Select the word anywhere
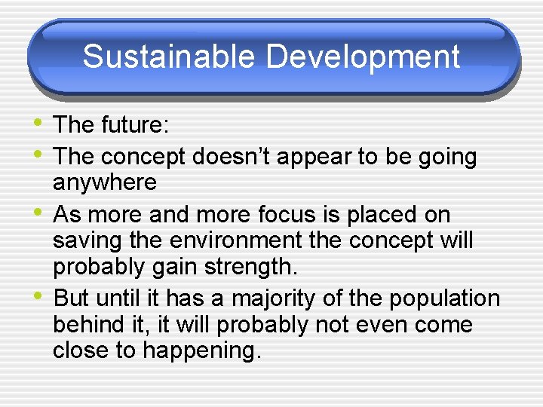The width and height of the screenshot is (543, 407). tap(105, 183)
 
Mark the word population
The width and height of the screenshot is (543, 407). tap(444, 298)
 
